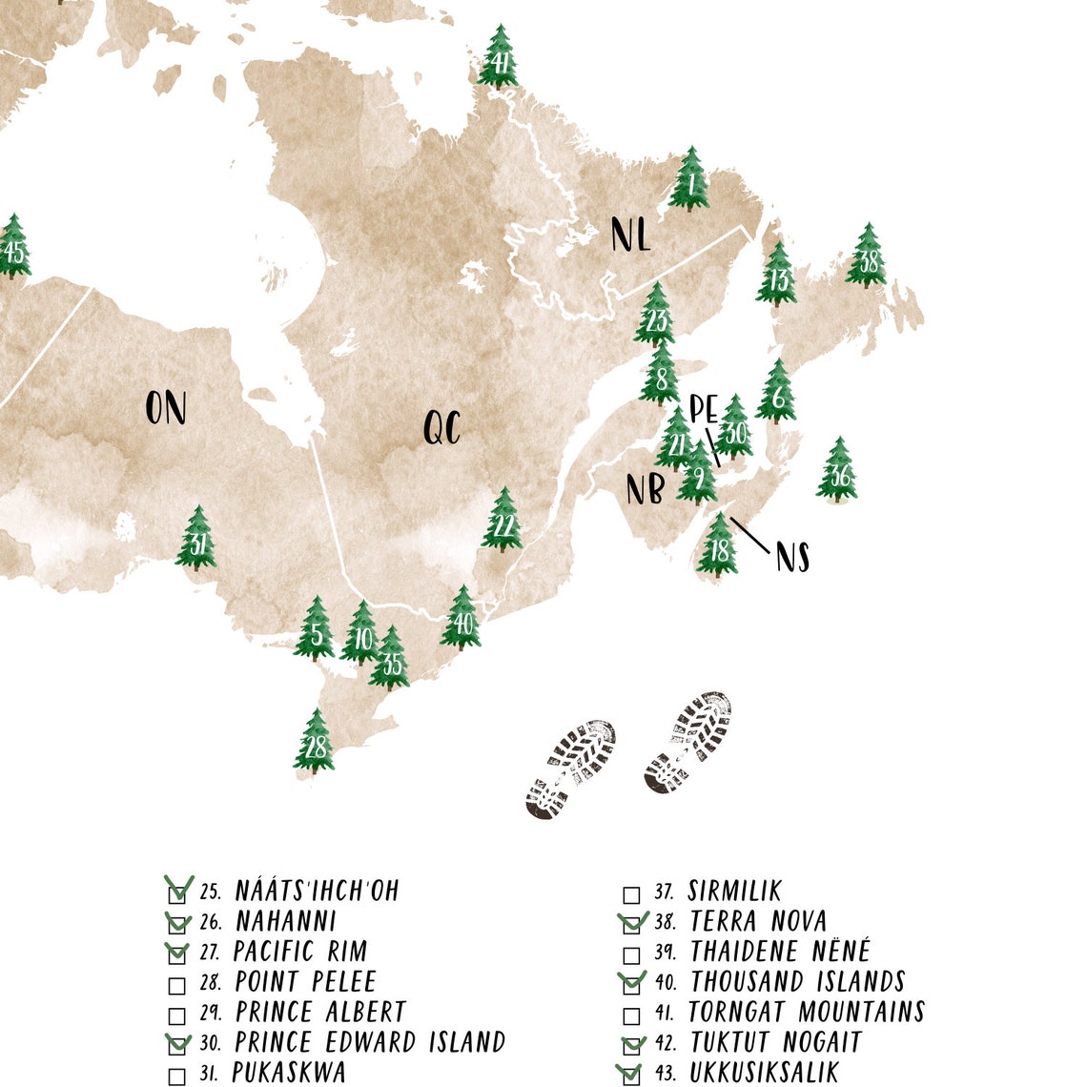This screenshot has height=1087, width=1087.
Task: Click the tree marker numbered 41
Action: coord(498,59)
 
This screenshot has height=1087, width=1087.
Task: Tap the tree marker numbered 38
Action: coord(867,256)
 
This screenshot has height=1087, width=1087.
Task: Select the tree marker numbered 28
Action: coord(314,741)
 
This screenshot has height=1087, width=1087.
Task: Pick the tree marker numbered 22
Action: coord(502,521)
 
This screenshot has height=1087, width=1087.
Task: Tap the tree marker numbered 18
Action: coord(717,545)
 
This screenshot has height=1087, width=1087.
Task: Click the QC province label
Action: coord(441,428)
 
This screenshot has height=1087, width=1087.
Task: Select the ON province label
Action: coord(165,408)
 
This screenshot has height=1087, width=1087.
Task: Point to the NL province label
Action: coord(630,235)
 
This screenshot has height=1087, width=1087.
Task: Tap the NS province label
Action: coord(792,557)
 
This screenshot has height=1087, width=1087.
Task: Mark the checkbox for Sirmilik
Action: coord(631,895)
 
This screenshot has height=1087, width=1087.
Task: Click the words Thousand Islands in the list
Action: coord(797,981)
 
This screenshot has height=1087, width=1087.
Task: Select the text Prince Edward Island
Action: coord(370,1042)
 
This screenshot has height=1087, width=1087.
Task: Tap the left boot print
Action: coord(570,769)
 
